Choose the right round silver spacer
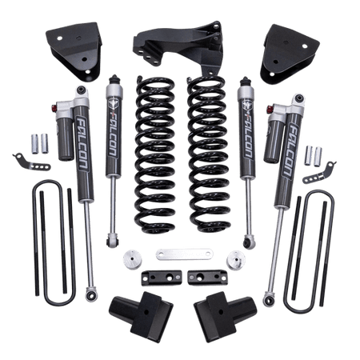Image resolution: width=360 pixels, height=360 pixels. click(235, 261)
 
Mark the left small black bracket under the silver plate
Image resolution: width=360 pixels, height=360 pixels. click(157, 276)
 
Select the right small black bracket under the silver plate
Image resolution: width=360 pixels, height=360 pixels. click(202, 276)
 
